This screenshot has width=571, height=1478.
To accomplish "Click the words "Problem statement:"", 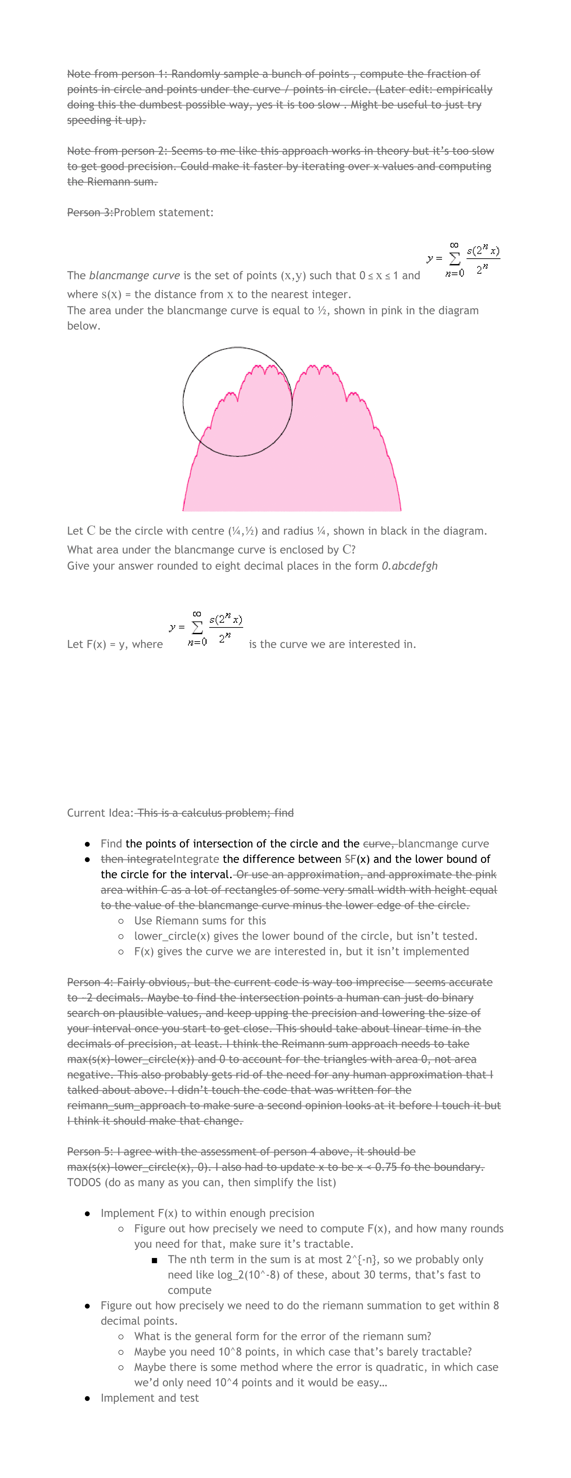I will click(164, 212).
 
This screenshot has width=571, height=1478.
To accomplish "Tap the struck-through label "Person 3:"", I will click(90, 212).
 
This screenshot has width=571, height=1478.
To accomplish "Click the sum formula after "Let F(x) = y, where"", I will click(206, 628).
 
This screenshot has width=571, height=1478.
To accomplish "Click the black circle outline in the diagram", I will click(184, 402).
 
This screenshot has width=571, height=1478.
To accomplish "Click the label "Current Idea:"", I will click(100, 813).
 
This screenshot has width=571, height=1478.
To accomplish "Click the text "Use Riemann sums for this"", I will click(200, 921).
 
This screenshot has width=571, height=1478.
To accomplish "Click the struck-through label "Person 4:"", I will click(90, 982).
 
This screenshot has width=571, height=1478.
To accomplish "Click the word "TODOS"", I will click(84, 1182).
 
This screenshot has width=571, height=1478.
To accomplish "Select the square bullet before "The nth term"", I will click(155, 1260).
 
